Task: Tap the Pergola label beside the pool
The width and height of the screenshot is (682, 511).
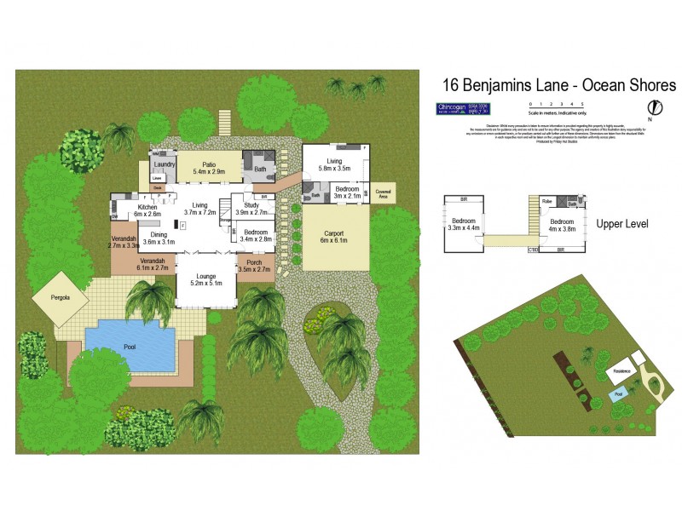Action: click(59, 297)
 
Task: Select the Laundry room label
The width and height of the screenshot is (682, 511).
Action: click(165, 164)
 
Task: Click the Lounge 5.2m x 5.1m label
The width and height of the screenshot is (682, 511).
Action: click(205, 279)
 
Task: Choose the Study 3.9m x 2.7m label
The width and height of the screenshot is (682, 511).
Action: click(257, 209)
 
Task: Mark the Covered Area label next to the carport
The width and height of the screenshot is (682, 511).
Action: click(383, 193)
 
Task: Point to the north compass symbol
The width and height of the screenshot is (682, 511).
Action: click(655, 108)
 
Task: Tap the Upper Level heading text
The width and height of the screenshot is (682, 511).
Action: click(622, 224)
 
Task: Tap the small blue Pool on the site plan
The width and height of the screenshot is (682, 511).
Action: click(618, 393)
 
